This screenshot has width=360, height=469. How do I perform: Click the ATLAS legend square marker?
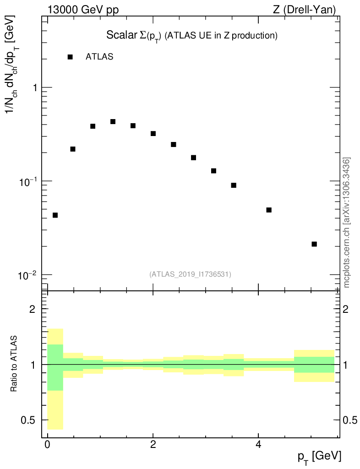(x=70, y=57)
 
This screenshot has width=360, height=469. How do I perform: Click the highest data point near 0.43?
(x=113, y=121)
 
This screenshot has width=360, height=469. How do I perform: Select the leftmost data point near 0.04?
(x=55, y=215)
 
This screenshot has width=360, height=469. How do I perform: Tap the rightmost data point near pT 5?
(x=314, y=244)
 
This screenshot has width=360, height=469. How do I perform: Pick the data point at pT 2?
(x=153, y=133)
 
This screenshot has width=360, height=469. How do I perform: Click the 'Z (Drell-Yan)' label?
(x=305, y=9)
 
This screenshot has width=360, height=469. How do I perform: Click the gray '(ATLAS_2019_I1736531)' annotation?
(x=190, y=274)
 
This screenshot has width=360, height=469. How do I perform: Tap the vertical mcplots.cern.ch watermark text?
(x=347, y=223)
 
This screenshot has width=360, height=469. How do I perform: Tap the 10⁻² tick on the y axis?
(x=29, y=275)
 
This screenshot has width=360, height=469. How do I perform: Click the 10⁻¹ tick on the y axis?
(x=29, y=181)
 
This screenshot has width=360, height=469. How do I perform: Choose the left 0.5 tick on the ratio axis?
(x=30, y=420)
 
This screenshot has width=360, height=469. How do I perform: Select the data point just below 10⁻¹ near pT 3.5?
(x=234, y=185)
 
